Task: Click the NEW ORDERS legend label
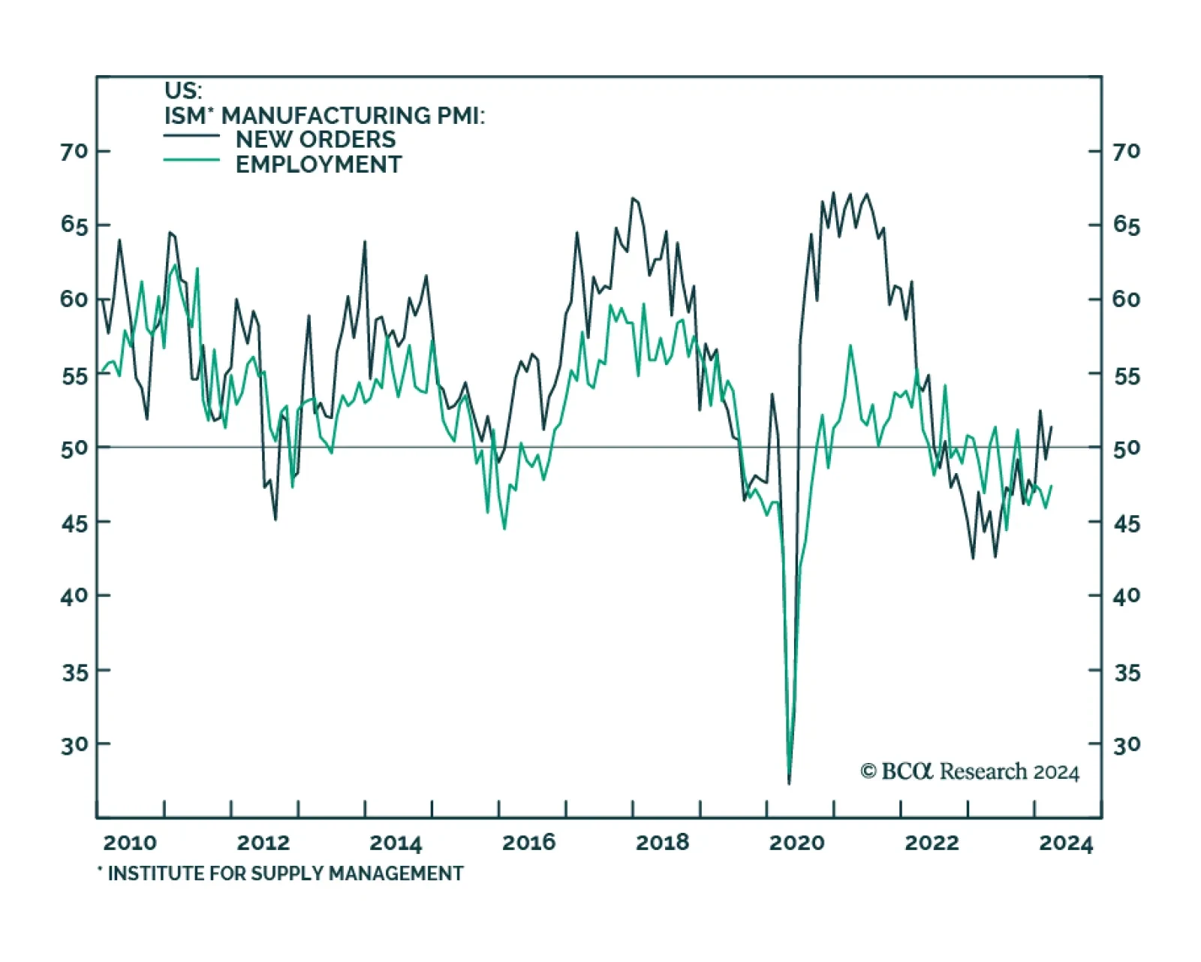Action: point(315,140)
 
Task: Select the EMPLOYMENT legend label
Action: point(318,164)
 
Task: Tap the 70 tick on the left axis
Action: point(74,152)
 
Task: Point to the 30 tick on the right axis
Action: point(1127,745)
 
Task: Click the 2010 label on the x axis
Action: point(130,843)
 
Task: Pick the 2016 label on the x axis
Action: point(529,843)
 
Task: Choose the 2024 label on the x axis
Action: point(1066,843)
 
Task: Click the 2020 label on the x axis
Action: point(796,843)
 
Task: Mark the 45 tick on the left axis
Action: point(74,523)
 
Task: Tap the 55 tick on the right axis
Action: point(1127,375)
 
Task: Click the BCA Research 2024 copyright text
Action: point(969,772)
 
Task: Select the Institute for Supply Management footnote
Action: point(281,873)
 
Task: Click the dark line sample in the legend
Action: point(191,136)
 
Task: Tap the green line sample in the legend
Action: point(191,160)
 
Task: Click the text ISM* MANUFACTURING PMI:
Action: point(324,116)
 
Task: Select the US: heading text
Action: point(183,91)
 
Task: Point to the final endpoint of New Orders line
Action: point(1052,427)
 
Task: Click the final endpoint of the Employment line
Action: point(1052,486)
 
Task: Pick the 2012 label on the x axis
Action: point(263,843)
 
